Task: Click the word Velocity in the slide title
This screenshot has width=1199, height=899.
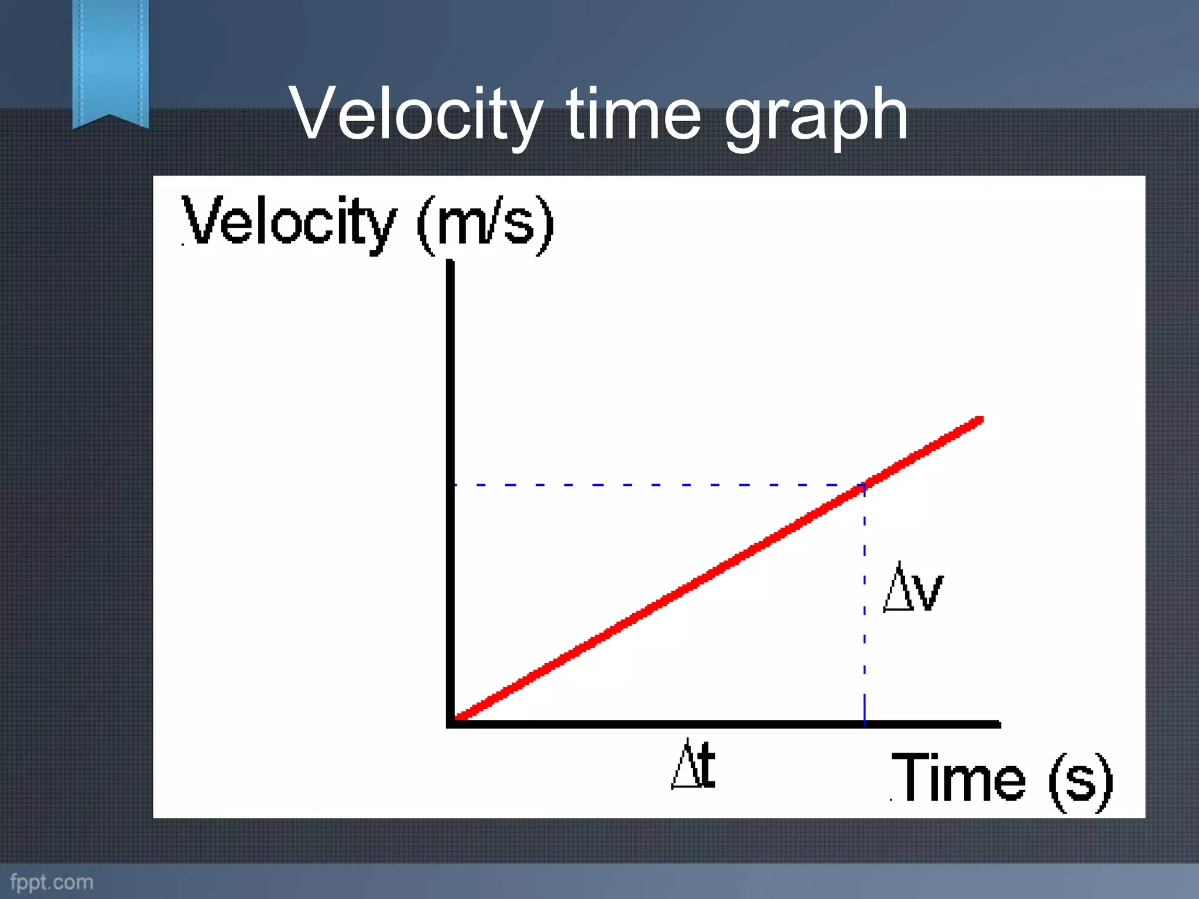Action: coord(416,114)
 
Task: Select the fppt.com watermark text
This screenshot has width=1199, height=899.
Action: coord(52,882)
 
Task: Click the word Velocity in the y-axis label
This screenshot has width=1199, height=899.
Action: coord(289,222)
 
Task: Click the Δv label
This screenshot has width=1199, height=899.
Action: coord(913,589)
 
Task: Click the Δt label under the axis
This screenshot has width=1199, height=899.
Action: coord(693,764)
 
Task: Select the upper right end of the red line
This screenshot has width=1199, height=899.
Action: coord(980,420)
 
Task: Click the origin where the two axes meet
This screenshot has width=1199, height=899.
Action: coord(451,723)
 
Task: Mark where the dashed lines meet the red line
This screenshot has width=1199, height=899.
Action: coord(864,485)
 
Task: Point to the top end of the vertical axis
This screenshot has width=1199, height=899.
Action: coord(450,262)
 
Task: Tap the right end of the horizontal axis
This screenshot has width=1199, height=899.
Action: coord(998,725)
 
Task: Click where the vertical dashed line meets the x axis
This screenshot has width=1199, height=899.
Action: coord(864,724)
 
